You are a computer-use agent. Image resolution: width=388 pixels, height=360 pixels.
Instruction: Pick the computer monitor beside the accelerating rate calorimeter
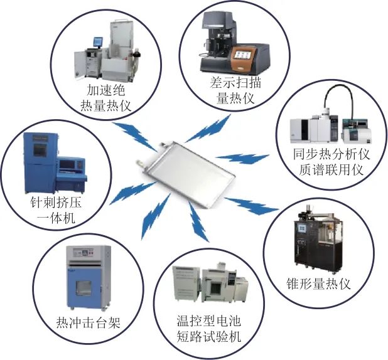click(x=97, y=43)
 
